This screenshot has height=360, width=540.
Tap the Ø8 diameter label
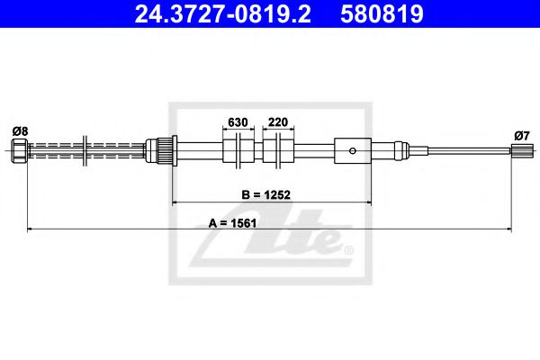click(20, 130)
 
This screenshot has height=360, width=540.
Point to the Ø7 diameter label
click(519, 135)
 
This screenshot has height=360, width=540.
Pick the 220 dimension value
click(278, 122)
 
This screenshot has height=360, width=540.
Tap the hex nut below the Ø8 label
click(20, 149)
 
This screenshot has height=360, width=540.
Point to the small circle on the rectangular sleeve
click(355, 150)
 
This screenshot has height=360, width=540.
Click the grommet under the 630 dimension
click(238, 150)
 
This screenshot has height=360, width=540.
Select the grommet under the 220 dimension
click(278, 150)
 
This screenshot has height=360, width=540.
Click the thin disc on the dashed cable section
click(84, 149)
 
